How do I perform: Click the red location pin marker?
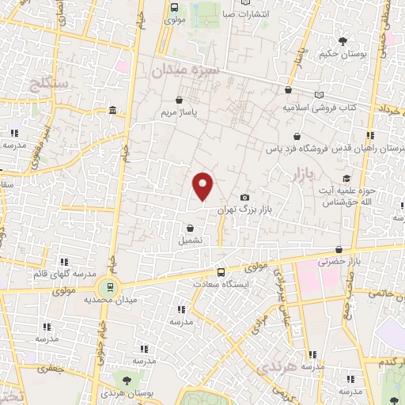(203, 186)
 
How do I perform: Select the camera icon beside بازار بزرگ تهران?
(244, 197)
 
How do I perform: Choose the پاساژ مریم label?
(178, 112)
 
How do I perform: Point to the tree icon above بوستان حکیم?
(342, 41)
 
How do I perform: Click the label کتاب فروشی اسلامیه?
(320, 106)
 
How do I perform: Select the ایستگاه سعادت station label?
(226, 282)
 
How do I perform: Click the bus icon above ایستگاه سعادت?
(221, 271)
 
